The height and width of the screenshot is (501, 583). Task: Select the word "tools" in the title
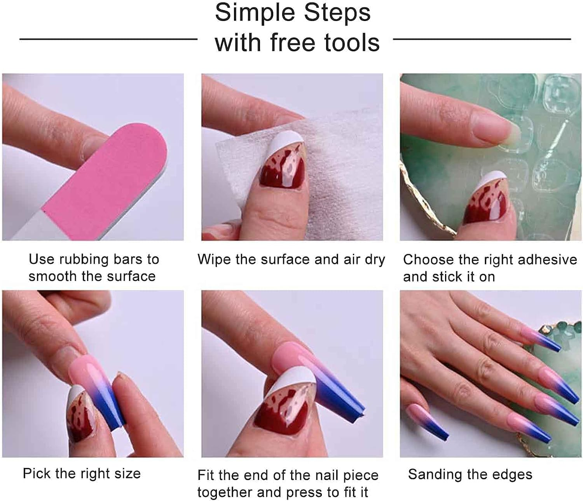pos(352,42)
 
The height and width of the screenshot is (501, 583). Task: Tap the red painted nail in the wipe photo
pos(280,171)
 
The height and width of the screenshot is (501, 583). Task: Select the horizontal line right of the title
pos(482,39)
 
